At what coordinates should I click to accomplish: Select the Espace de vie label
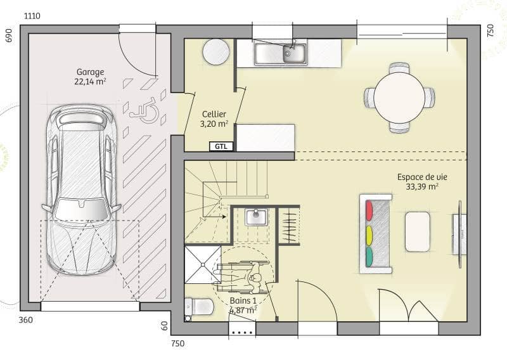418,181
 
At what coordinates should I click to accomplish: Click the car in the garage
80,190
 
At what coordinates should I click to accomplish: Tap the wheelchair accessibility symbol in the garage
145,110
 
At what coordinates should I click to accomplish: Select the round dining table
399,98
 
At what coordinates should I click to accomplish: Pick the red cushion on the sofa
369,210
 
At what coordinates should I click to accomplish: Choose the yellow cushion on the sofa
369,233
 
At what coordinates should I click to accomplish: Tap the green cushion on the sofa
369,257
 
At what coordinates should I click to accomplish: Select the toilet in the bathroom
200,307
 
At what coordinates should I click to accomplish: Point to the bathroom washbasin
257,217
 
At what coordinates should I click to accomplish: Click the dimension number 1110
32,15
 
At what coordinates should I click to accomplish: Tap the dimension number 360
25,320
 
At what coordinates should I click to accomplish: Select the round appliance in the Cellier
216,51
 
